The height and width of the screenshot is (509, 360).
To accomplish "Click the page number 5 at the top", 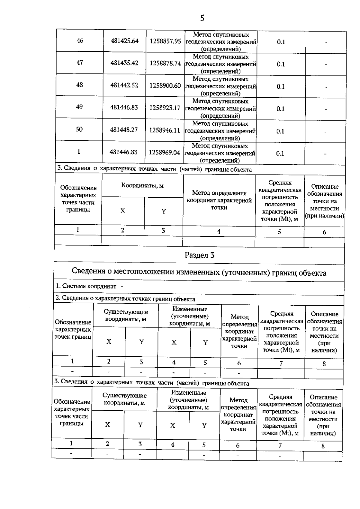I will pyautogui.click(x=202, y=18).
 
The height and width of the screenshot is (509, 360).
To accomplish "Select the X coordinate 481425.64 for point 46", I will pyautogui.click(x=124, y=41).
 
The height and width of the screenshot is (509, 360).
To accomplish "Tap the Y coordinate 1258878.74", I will pyautogui.click(x=165, y=63).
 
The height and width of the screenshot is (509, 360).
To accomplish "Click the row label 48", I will pyautogui.click(x=79, y=85).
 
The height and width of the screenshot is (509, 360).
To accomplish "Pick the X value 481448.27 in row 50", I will pyautogui.click(x=124, y=130).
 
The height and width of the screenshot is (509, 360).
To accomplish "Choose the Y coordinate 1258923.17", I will pyautogui.click(x=165, y=108).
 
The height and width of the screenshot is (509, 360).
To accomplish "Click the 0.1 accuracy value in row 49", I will pyautogui.click(x=280, y=109).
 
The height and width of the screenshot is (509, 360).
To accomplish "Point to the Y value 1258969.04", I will pyautogui.click(x=164, y=152).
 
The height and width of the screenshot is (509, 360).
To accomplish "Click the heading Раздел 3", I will pyautogui.click(x=199, y=255).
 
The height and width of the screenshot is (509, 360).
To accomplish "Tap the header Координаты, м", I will pyautogui.click(x=142, y=185).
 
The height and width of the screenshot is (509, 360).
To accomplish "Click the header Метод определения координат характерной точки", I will pyautogui.click(x=219, y=200).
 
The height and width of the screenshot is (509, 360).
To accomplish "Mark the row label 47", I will pyautogui.click(x=79, y=63).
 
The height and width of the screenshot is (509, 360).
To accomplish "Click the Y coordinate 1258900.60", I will pyautogui.click(x=165, y=86).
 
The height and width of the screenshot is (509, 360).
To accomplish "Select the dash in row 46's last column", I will pyautogui.click(x=326, y=43).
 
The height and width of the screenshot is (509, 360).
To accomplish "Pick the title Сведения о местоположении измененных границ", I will pyautogui.click(x=199, y=273).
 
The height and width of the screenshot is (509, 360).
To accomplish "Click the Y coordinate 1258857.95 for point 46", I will pyautogui.click(x=165, y=41).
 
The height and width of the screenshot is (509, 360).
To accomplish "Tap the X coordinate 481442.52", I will pyautogui.click(x=124, y=85).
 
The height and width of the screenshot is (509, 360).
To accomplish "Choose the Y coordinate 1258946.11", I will pyautogui.click(x=165, y=130).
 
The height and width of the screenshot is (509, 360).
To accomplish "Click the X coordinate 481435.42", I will pyautogui.click(x=124, y=63).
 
